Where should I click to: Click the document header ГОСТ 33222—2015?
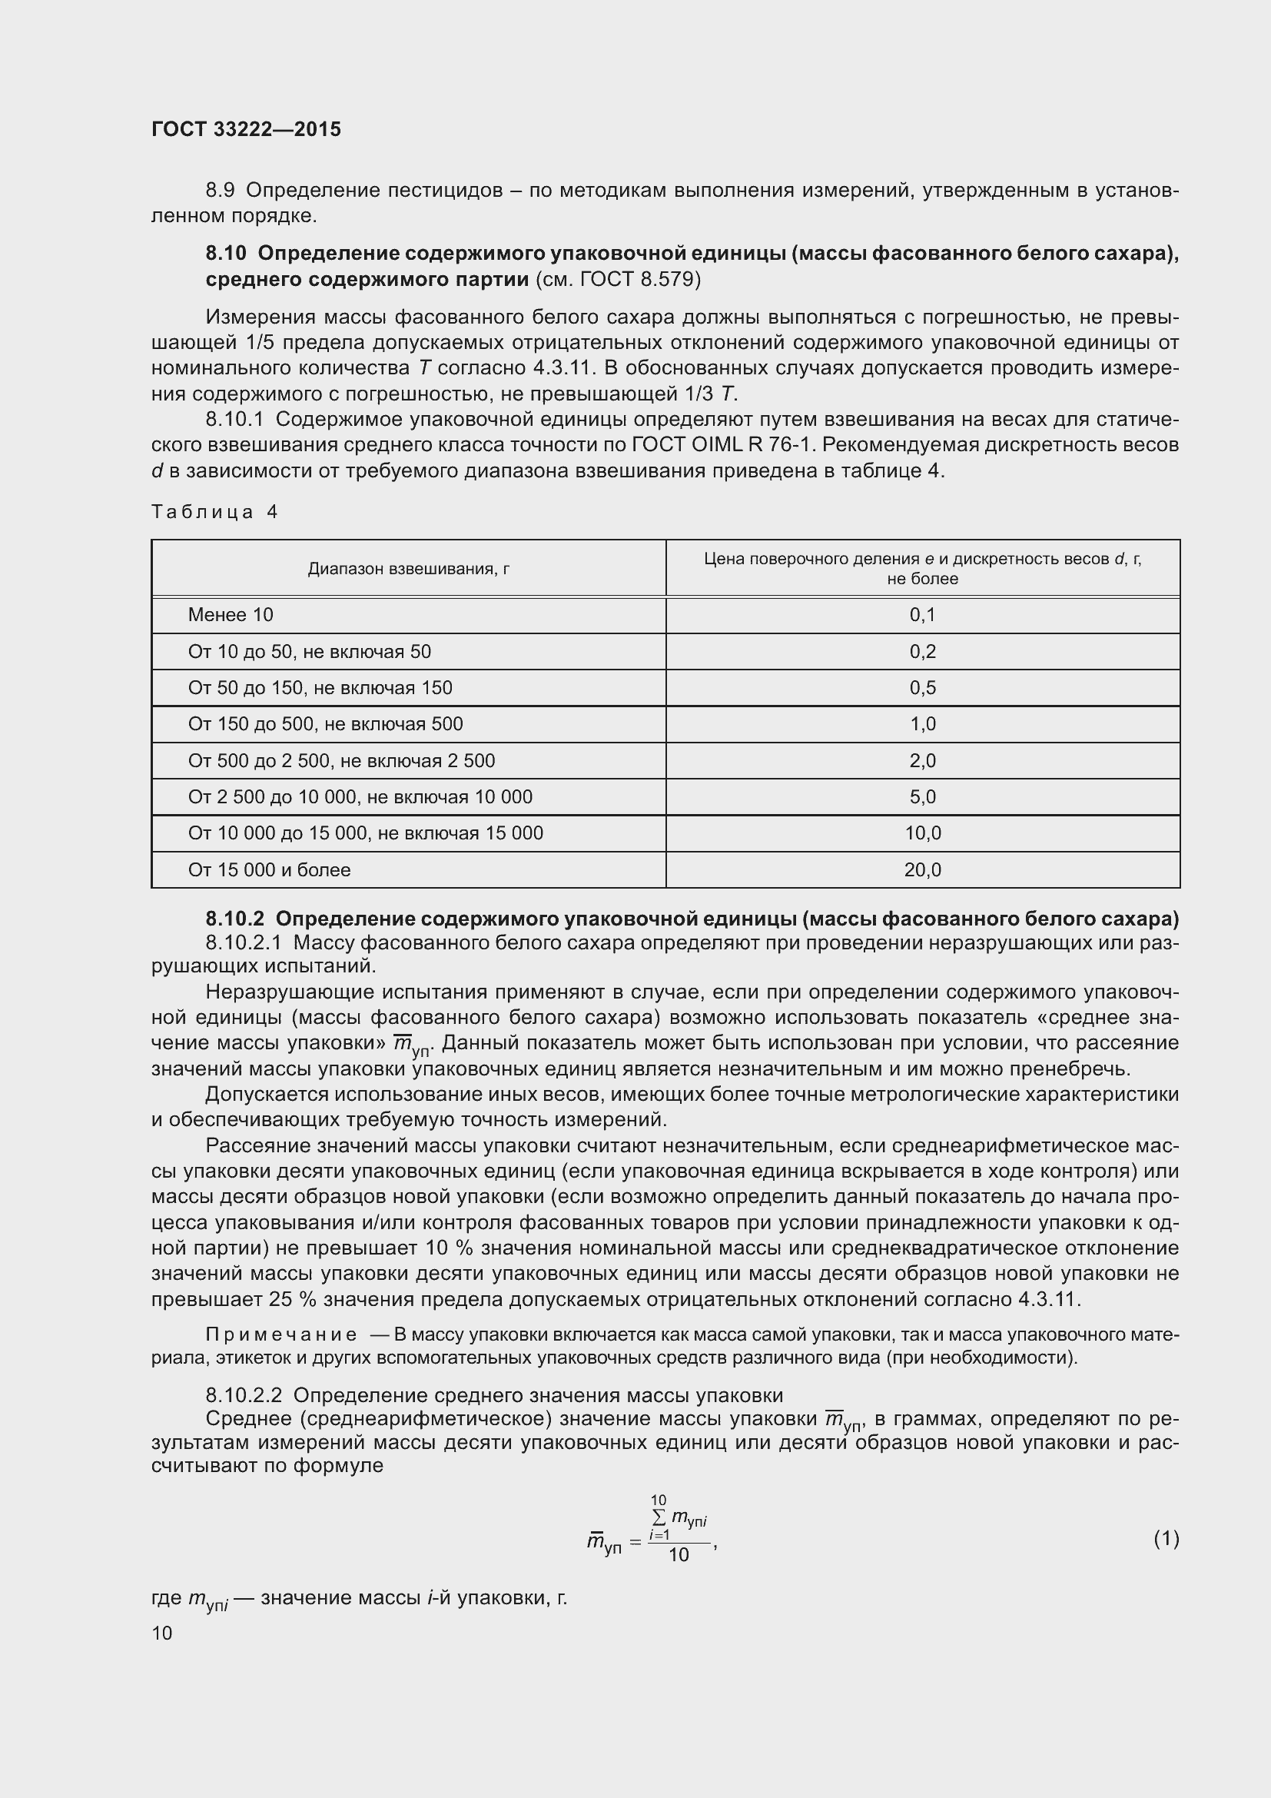246,129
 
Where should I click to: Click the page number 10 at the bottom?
162,1633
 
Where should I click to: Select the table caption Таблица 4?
214,512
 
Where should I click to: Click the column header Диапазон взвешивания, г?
409,569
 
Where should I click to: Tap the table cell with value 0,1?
922,615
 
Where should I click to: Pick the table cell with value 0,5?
922,687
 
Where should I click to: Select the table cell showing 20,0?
922,869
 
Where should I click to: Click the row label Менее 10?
230,615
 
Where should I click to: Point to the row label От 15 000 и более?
268,869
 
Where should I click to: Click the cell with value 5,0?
922,796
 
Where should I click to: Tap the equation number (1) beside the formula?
1166,1539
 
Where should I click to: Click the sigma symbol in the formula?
659,1518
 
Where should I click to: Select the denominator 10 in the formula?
679,1555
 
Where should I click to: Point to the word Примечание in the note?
281,1334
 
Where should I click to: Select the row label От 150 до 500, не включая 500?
325,723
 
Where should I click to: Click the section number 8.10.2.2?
244,1394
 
